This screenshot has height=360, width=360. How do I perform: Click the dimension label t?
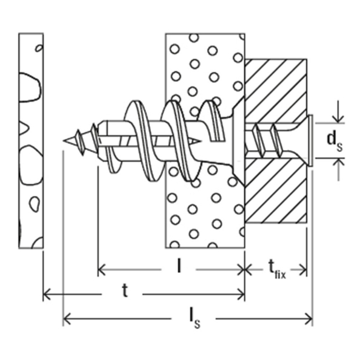click(125, 290)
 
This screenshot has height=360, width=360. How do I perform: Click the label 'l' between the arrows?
click(179, 266)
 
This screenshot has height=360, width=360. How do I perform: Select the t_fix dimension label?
click(277, 270)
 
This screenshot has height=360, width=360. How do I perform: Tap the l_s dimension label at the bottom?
click(195, 320)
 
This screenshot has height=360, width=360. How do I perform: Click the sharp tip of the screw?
click(64, 140)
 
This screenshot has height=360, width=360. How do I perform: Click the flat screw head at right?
click(310, 140)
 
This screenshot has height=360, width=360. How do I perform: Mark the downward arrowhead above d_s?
click(338, 119)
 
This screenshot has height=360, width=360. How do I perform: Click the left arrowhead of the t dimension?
click(47, 294)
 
